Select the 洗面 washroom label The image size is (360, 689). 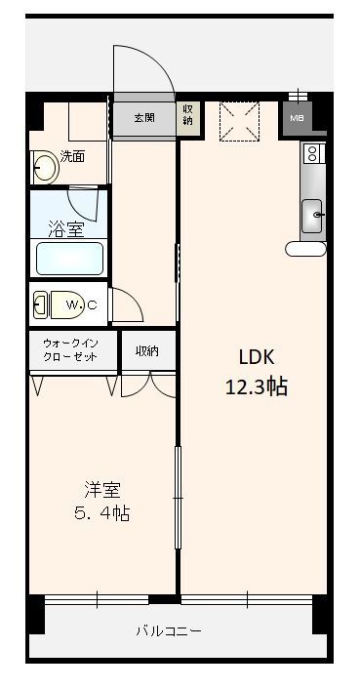pyautogui.click(x=72, y=155)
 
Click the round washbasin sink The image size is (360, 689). pyautogui.click(x=45, y=168)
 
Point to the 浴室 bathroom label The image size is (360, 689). pyautogui.click(x=66, y=229)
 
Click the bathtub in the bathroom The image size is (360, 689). pyautogui.click(x=69, y=260)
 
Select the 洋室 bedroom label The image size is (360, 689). pyautogui.click(x=101, y=489)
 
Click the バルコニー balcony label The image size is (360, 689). pyautogui.click(x=169, y=631)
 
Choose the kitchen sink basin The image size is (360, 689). pyautogui.click(x=313, y=214)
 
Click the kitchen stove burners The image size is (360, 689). pyautogui.click(x=313, y=153)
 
